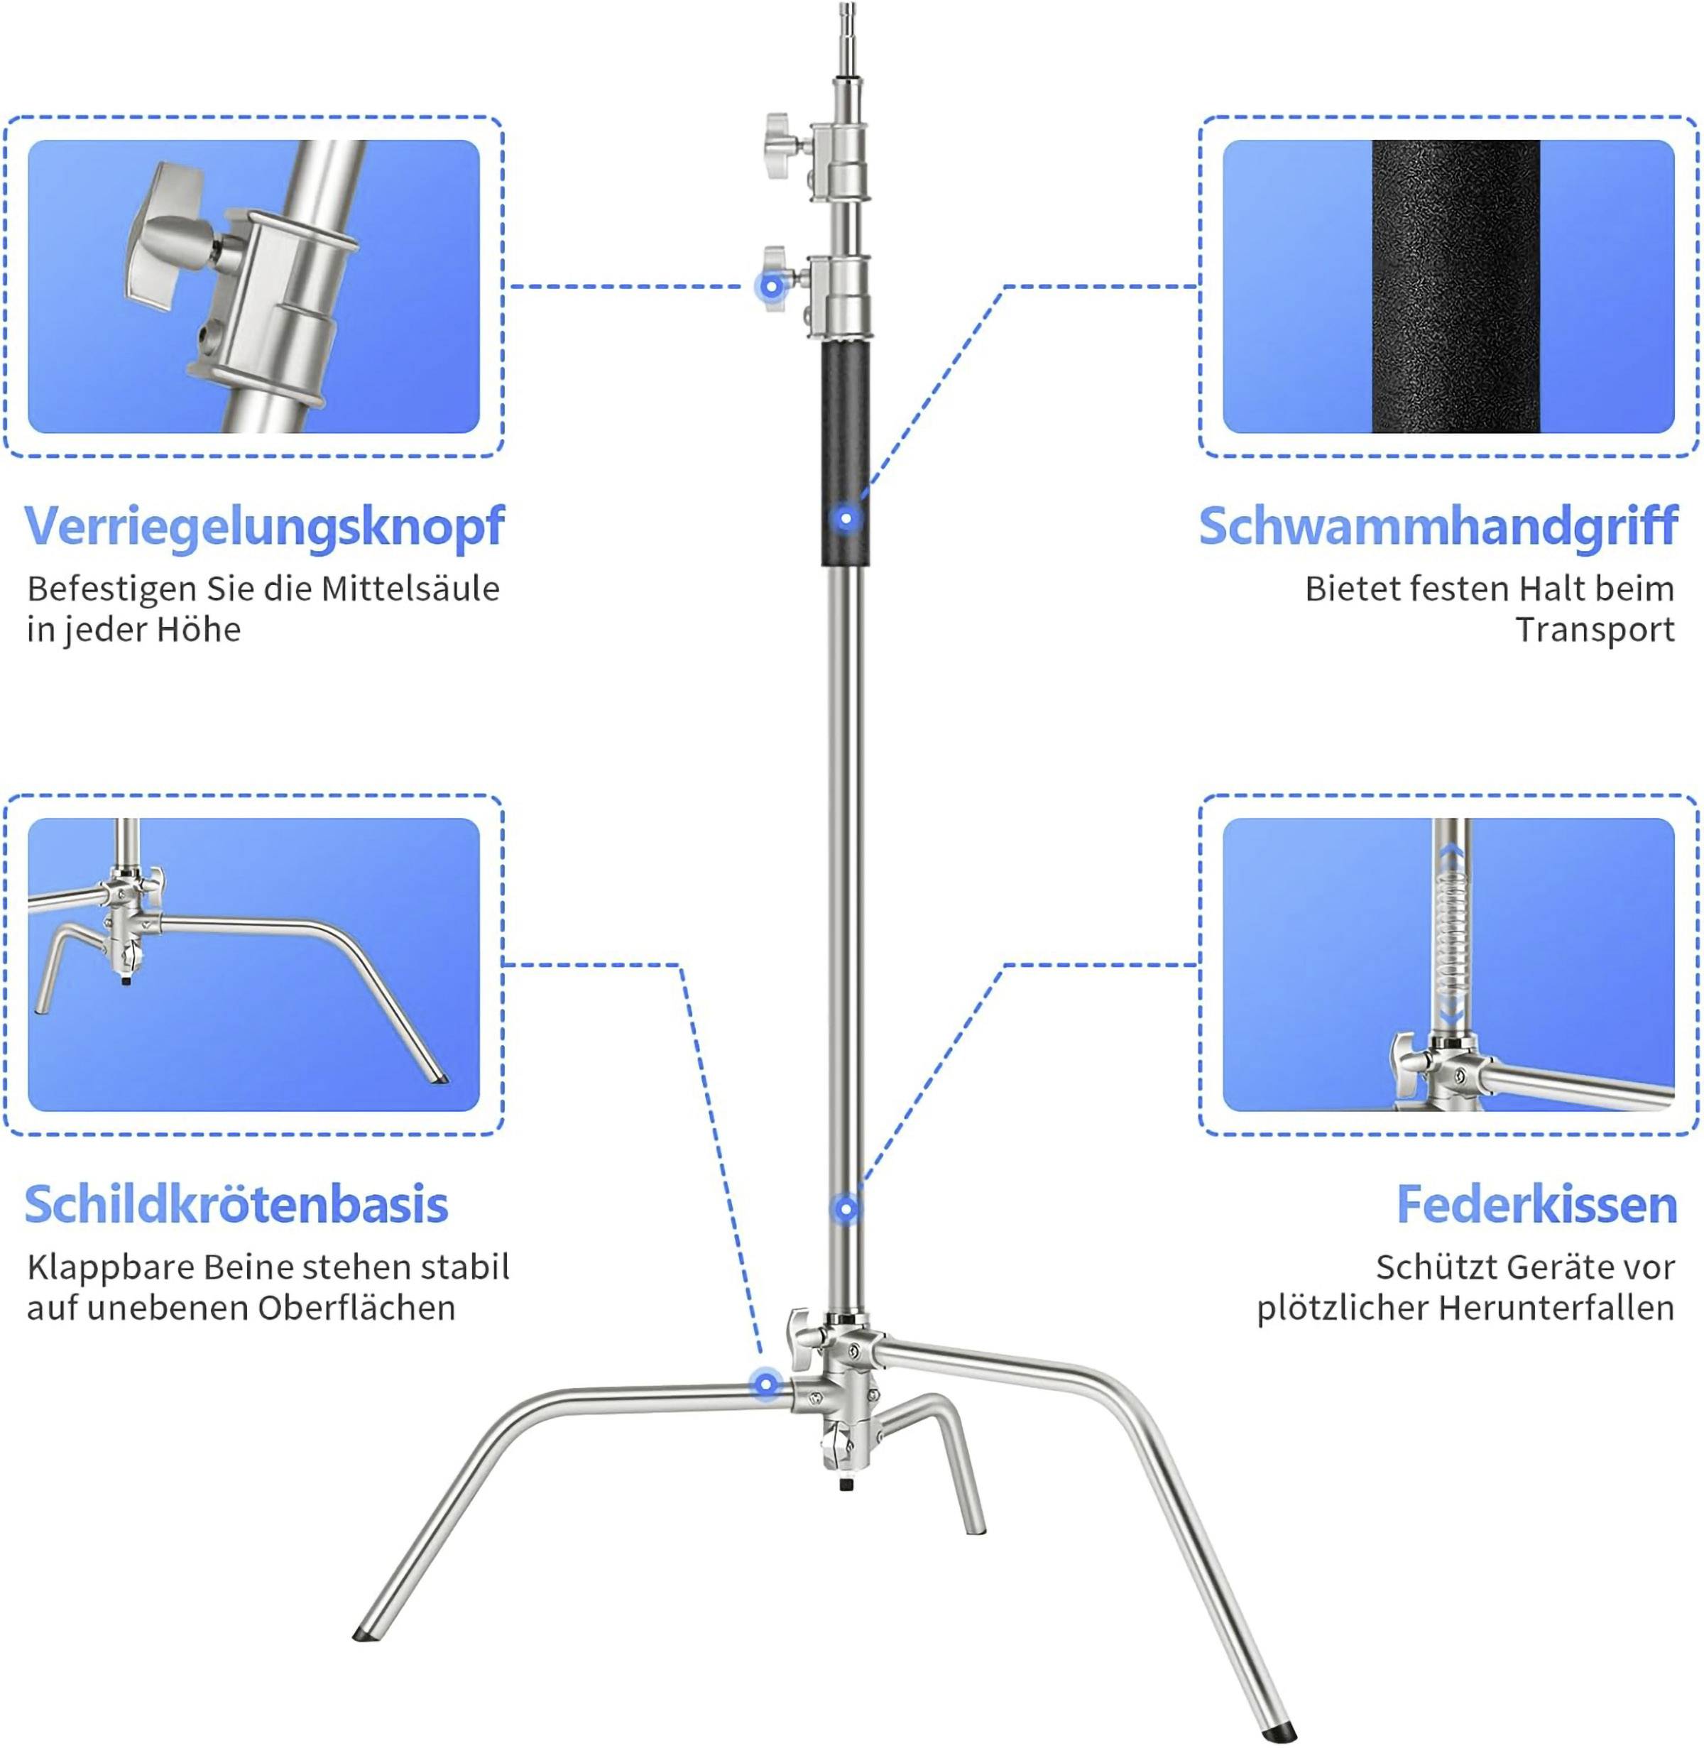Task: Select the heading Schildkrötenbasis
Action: [236, 1205]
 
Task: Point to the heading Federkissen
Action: [1536, 1205]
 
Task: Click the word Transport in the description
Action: [1594, 630]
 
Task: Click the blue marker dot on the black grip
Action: [846, 518]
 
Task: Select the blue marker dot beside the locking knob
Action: [770, 288]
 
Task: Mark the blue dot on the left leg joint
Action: [765, 1385]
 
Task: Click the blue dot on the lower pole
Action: [846, 1209]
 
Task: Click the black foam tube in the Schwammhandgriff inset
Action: [1455, 286]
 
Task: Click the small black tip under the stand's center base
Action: [846, 1485]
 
